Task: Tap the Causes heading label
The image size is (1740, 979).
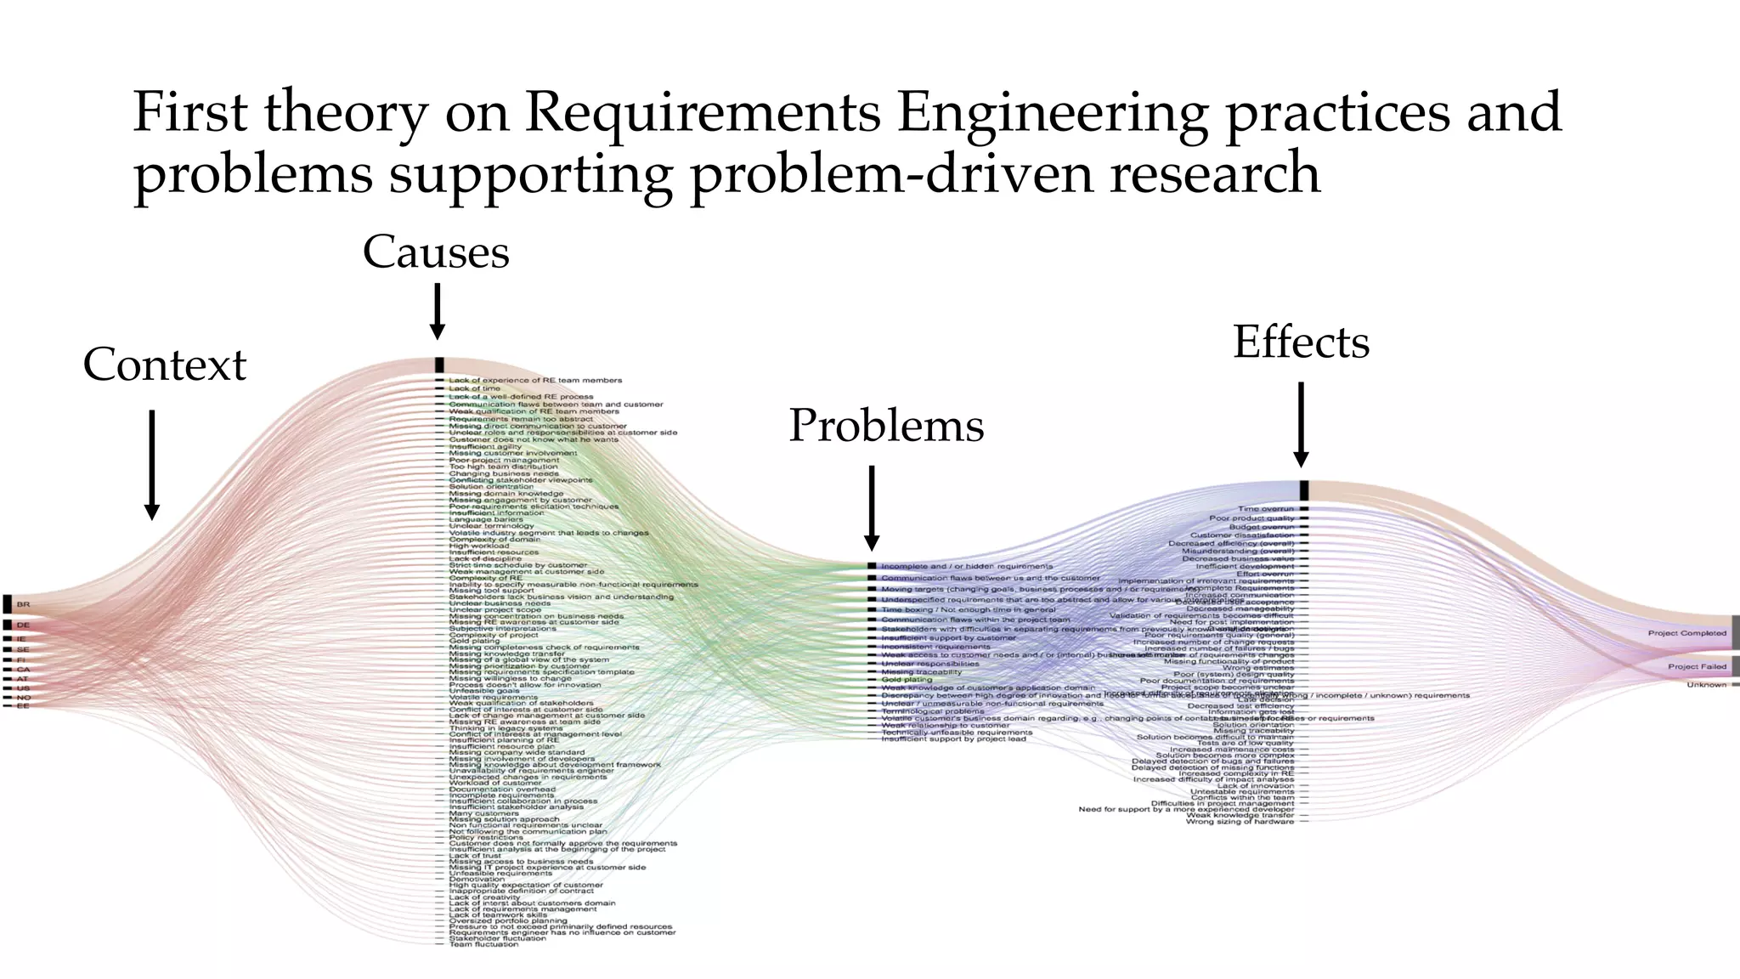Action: pyautogui.click(x=436, y=252)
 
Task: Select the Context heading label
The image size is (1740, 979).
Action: pyautogui.click(x=164, y=365)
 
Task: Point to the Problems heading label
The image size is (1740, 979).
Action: pyautogui.click(x=886, y=425)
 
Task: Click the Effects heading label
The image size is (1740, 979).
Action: pyautogui.click(x=1301, y=342)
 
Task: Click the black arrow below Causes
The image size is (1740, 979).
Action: pyautogui.click(x=438, y=311)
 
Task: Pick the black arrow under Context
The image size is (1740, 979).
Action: pyautogui.click(x=151, y=464)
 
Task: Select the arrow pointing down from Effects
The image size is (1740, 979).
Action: pyautogui.click(x=1301, y=423)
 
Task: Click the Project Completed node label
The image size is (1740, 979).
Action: pyautogui.click(x=1686, y=633)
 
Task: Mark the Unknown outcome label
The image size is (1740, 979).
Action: pyautogui.click(x=1706, y=685)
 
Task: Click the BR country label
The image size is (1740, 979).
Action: pyautogui.click(x=23, y=604)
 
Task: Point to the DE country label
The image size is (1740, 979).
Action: pyautogui.click(x=23, y=625)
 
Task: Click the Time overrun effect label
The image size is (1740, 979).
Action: pyautogui.click(x=1266, y=509)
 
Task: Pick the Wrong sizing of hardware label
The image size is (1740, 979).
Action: pyautogui.click(x=1240, y=822)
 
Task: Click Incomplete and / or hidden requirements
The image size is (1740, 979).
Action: pyautogui.click(x=967, y=566)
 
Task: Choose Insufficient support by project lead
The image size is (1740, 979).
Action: pyautogui.click(x=953, y=739)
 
